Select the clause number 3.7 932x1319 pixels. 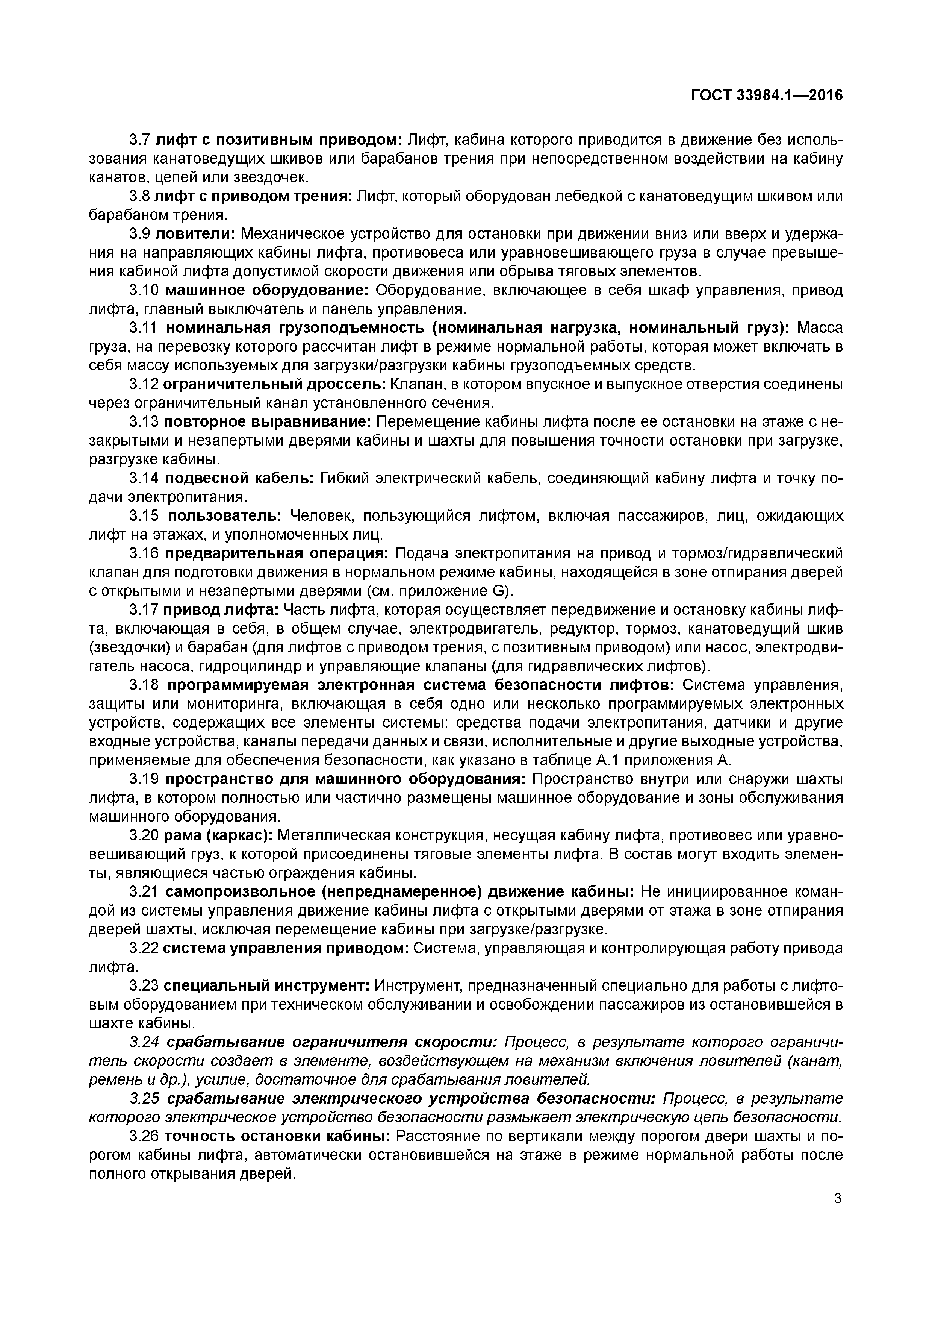(139, 140)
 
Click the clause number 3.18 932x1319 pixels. (144, 685)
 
